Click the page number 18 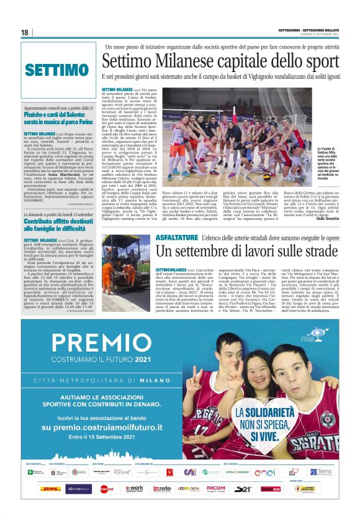click(x=25, y=32)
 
